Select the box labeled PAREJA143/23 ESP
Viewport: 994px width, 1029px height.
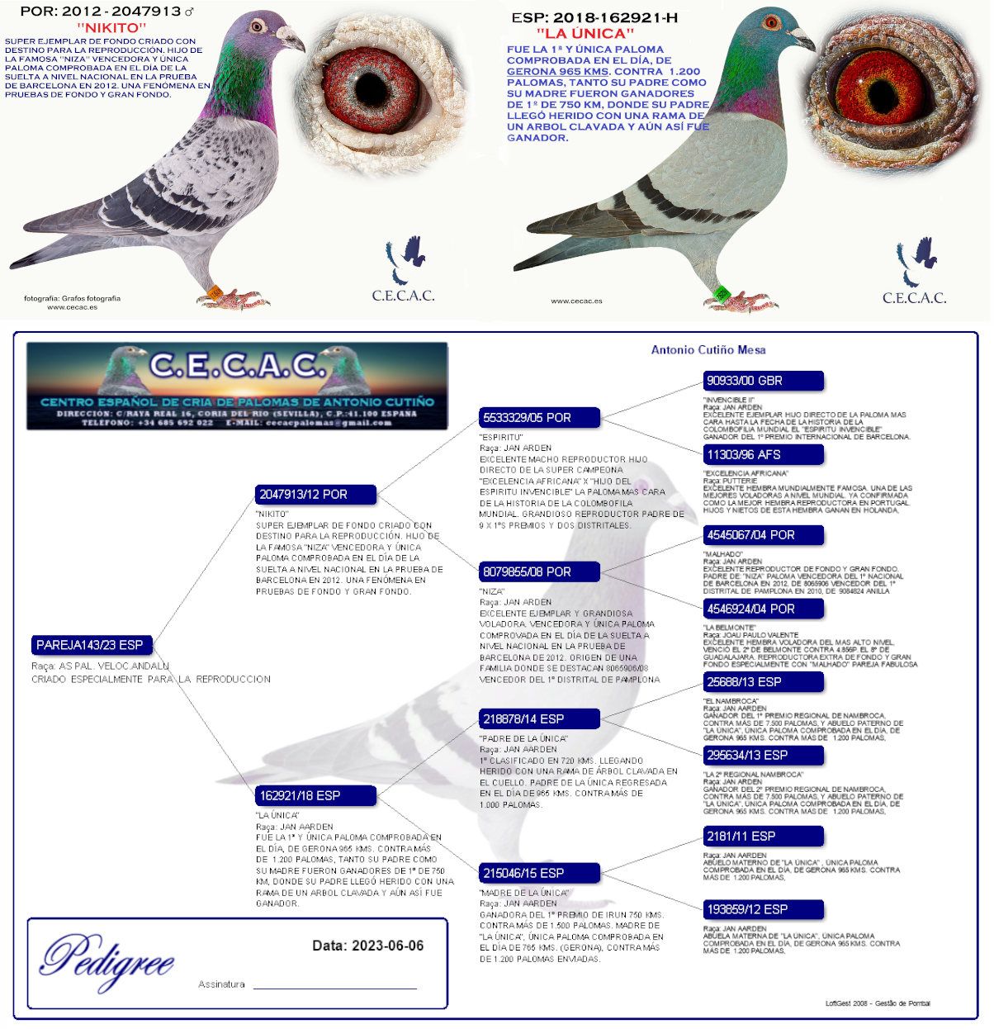coord(92,645)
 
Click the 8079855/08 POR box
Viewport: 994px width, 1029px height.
coord(539,571)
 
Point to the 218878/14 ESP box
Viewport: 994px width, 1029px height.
coord(539,718)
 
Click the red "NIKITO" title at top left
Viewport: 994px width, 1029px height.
coord(111,28)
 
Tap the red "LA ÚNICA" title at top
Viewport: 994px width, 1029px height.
coord(585,34)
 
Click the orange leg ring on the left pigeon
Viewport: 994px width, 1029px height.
coord(215,292)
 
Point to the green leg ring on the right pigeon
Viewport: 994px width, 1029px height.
coord(721,292)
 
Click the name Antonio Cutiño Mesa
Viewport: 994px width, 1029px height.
coord(708,350)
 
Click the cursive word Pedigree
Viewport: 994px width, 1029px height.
coord(107,960)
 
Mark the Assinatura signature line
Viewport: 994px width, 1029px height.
coord(334,986)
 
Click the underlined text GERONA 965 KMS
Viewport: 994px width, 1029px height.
coord(557,72)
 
